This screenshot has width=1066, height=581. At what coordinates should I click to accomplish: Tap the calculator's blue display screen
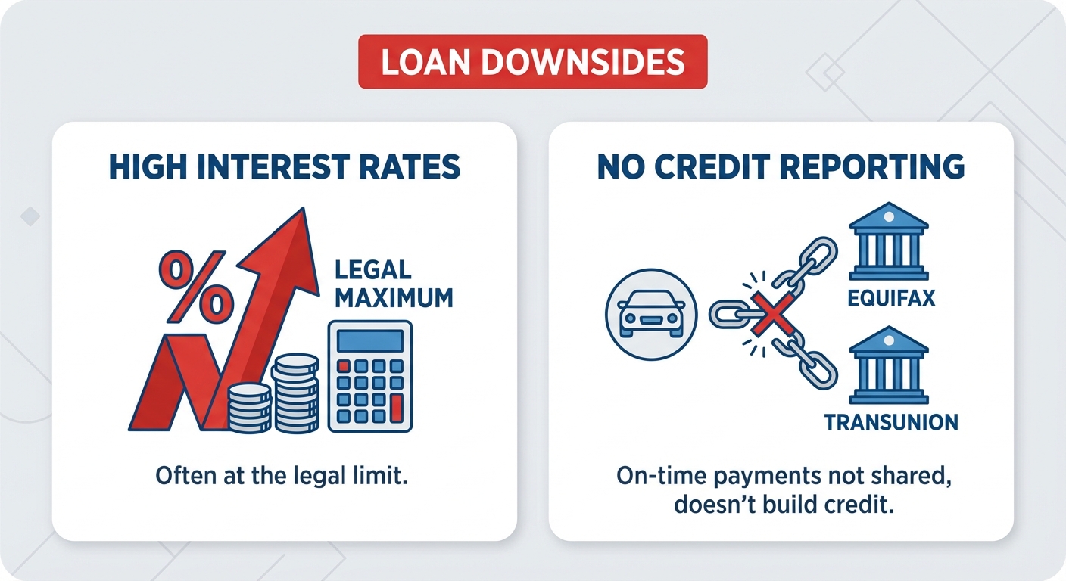[369, 340]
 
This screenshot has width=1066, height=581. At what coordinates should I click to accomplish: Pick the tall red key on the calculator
[394, 409]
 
